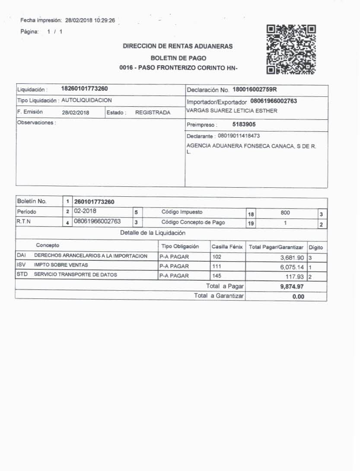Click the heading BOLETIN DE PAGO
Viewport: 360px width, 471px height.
tap(178, 58)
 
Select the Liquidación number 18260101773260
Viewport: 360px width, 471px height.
tap(85, 89)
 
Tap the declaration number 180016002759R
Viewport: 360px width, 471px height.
tap(255, 90)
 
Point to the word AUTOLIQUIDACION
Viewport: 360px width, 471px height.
tap(86, 100)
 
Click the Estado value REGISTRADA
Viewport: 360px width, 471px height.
tap(153, 112)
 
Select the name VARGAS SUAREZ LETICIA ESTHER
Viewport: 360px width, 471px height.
tap(232, 111)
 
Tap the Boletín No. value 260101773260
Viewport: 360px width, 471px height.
tap(94, 202)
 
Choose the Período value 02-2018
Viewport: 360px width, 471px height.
tap(85, 211)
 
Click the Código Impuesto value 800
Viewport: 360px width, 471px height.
tap(285, 213)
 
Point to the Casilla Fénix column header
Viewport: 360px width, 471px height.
tap(227, 247)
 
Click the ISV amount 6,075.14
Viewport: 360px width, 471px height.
tap(292, 267)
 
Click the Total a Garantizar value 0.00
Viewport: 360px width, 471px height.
tap(298, 297)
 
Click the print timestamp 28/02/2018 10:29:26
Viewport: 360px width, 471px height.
tap(90, 20)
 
